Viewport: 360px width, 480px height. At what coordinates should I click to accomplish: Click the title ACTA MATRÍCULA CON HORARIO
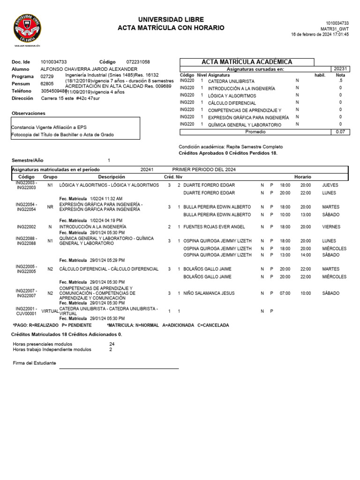pos(171,28)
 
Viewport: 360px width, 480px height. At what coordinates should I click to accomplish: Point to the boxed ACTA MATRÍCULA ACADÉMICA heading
pos(247,62)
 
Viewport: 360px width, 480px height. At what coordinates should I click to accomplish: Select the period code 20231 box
pos(340,69)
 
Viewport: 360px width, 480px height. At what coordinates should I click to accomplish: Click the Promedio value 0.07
pos(340,132)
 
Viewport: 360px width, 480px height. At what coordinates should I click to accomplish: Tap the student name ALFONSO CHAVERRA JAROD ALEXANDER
pos(89,69)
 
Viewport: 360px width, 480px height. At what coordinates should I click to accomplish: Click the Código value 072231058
pos(138,62)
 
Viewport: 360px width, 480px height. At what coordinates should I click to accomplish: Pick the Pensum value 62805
pos(47,83)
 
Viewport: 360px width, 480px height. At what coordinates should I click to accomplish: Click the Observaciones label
pos(28,113)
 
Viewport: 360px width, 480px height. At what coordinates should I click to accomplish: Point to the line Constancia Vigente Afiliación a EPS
pos(49,127)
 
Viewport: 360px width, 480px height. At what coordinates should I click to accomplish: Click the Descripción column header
pos(112,177)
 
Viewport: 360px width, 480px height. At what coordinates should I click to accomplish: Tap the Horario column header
pos(302,177)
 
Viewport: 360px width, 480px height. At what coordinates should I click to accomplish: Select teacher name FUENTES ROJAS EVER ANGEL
pos(214,227)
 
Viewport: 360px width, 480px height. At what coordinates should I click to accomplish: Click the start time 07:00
pos(285,293)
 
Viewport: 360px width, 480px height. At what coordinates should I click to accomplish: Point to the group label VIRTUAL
pos(50,311)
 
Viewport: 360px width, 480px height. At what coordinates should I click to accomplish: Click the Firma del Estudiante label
pos(34,363)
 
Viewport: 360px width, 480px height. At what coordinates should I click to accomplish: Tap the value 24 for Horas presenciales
pos(112,344)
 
